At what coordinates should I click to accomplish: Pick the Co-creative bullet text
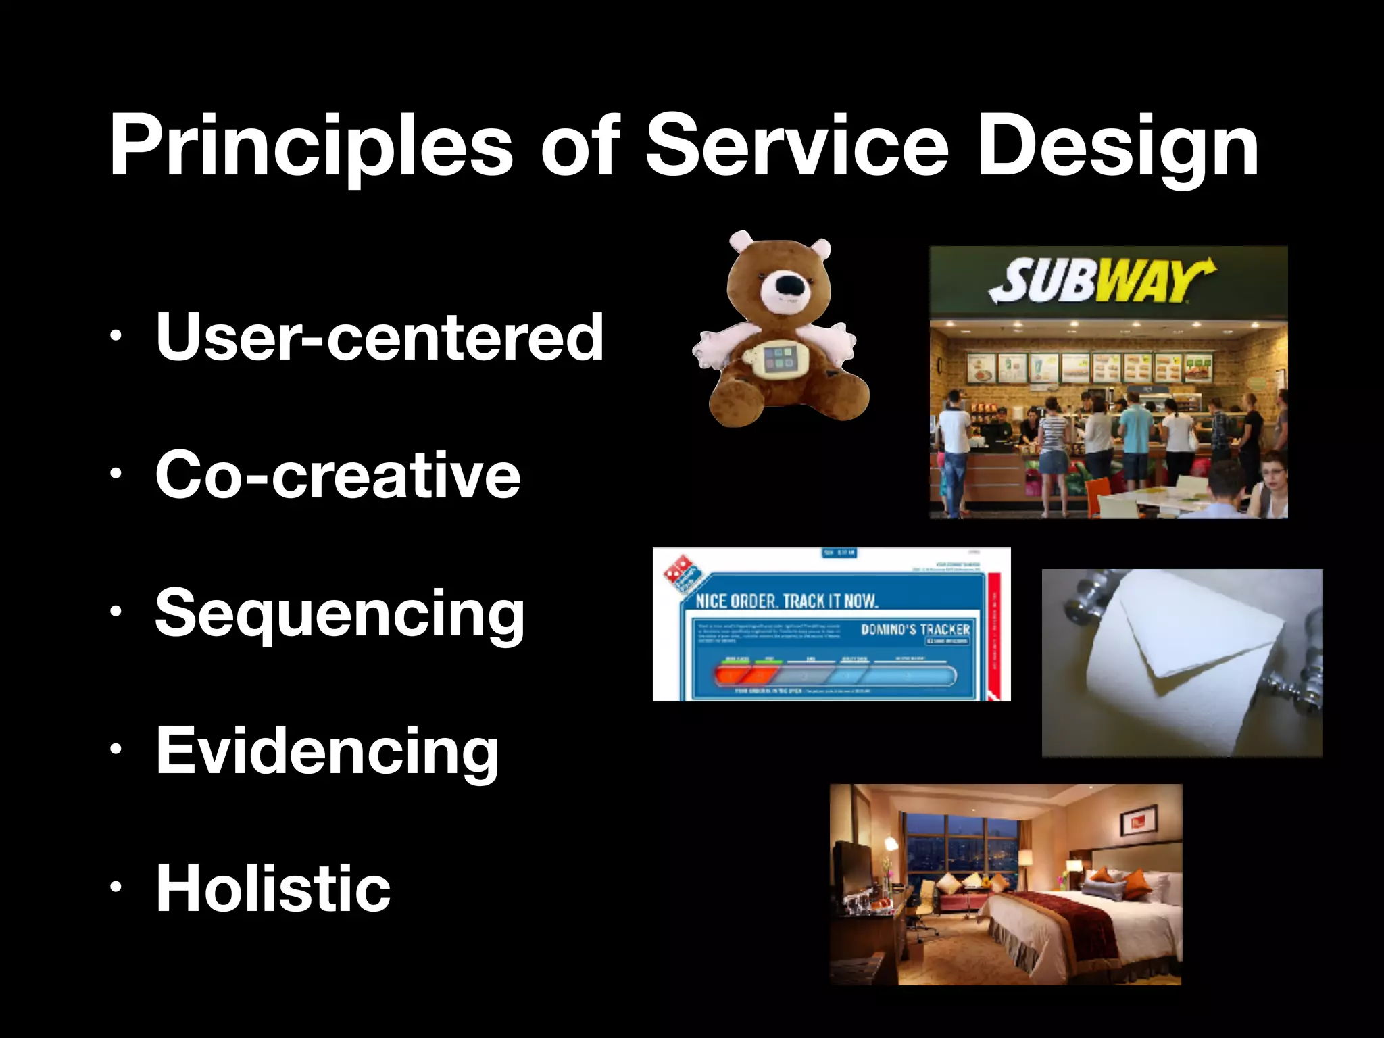338,474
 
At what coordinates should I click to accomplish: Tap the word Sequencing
339,613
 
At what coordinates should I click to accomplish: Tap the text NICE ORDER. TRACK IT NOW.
787,600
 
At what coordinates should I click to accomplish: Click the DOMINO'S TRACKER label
915,629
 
